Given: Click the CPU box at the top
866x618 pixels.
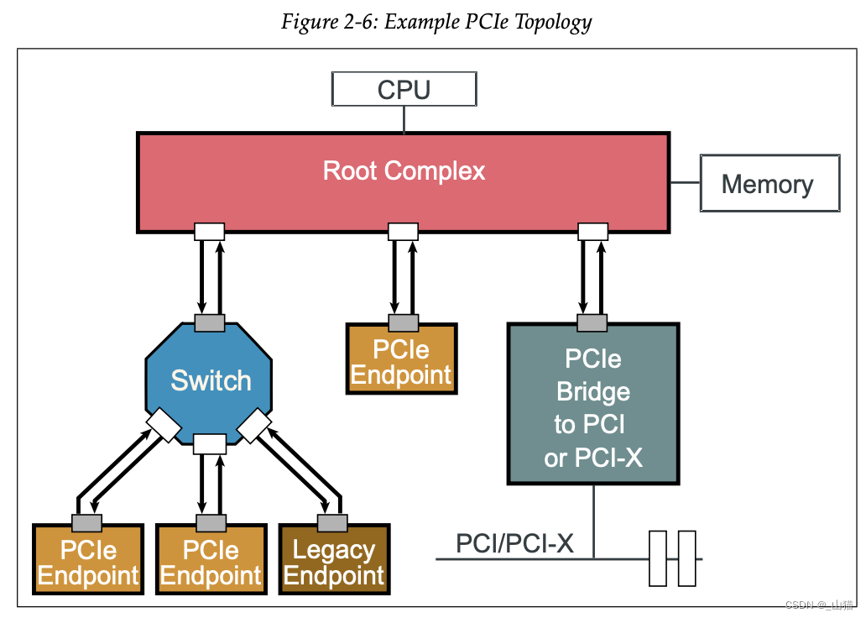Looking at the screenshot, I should (404, 89).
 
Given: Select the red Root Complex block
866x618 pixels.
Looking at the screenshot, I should (403, 181).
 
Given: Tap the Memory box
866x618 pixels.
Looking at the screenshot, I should (769, 183).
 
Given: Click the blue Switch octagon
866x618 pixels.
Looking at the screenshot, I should (211, 380).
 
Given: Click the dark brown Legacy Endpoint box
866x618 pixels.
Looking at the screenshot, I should (333, 562).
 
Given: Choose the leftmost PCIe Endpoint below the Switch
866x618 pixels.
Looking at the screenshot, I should (88, 562).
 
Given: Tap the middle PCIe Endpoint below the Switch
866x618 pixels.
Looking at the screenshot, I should (211, 562).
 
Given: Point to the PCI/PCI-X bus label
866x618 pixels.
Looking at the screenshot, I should (514, 543).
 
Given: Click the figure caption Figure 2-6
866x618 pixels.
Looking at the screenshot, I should (436, 21).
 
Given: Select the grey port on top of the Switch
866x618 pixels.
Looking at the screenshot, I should (210, 322).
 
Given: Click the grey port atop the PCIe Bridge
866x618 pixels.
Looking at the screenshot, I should (592, 322).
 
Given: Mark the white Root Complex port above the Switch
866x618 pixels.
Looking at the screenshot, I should (210, 231).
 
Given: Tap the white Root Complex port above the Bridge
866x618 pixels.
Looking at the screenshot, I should (592, 231).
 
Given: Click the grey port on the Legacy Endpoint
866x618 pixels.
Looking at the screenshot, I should (332, 523).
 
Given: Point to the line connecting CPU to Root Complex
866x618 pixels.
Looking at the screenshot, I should (404, 118).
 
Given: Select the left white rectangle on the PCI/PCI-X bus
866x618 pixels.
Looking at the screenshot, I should (658, 558).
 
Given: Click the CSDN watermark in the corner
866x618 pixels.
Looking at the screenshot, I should (818, 605).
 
